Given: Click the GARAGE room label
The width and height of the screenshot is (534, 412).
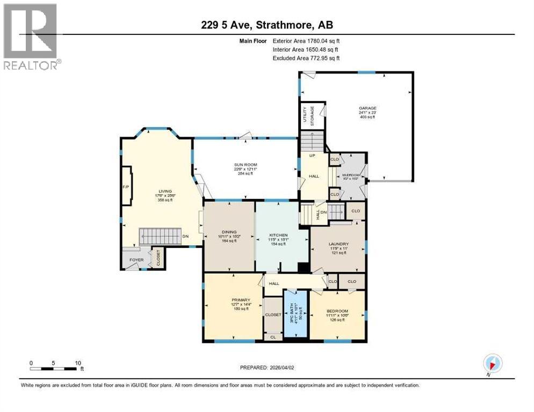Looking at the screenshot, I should click(x=367, y=108).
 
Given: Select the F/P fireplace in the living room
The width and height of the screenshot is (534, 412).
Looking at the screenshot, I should click(x=126, y=186).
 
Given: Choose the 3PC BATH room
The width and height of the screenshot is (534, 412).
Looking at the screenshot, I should click(x=294, y=313).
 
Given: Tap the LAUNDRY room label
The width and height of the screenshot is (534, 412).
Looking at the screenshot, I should click(x=339, y=243).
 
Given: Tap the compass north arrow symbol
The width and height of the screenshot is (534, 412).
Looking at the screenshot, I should click(x=493, y=362).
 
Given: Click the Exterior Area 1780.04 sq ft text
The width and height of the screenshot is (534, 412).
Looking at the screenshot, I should click(x=306, y=40).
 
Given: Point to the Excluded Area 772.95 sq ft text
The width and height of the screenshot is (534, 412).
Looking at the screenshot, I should click(x=306, y=58).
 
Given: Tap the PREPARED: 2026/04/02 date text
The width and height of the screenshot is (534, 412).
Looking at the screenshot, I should click(x=270, y=367).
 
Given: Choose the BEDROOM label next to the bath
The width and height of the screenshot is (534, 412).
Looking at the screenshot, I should click(x=337, y=311).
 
